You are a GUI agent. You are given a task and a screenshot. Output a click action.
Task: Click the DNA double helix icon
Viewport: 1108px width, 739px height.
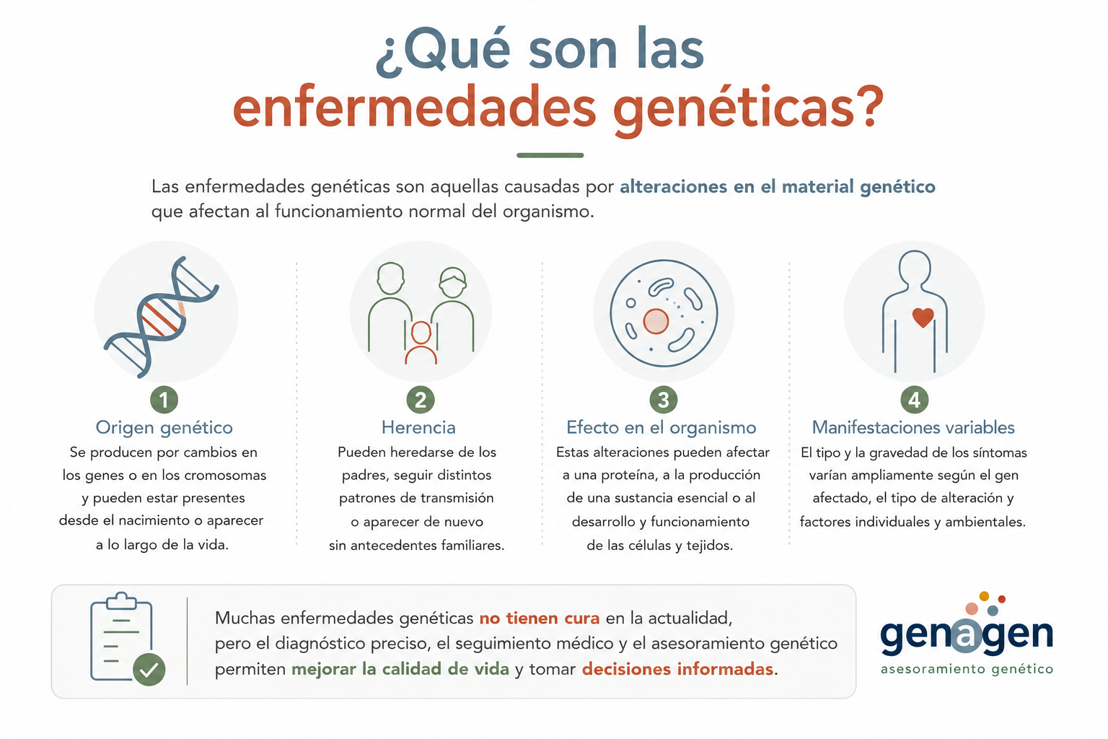[x=162, y=317]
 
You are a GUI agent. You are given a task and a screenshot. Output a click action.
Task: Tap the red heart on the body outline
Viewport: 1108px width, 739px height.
[x=923, y=318]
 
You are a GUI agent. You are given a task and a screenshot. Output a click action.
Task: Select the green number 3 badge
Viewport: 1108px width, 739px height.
[x=664, y=400]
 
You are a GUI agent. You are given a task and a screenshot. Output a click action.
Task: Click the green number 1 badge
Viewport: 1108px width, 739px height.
[x=164, y=400]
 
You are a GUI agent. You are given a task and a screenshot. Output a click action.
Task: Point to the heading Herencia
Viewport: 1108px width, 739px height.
[x=418, y=427]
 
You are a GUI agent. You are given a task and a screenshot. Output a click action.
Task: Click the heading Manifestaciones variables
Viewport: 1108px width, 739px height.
[x=913, y=427]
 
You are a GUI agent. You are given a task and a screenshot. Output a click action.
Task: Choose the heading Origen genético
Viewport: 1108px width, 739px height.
[x=164, y=428]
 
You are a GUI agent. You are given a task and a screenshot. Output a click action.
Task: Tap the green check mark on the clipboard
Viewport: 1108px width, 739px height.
[x=149, y=670]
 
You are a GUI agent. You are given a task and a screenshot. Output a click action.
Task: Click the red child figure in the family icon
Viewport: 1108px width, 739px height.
[x=421, y=343]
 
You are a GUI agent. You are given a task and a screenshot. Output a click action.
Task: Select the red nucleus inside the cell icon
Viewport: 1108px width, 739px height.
[x=656, y=321]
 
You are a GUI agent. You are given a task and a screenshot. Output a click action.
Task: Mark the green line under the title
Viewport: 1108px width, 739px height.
[x=550, y=155]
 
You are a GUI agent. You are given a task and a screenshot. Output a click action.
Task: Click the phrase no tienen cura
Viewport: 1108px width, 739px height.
[x=540, y=618]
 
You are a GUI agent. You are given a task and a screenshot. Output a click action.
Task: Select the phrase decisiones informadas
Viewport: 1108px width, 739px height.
[x=677, y=669]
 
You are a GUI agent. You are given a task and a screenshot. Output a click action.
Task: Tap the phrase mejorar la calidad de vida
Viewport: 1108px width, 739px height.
[x=400, y=669]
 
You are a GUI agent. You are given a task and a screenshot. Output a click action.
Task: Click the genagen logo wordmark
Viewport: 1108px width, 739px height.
[x=967, y=636]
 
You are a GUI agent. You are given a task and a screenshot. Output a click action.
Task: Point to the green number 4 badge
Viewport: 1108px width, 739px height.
[x=914, y=400]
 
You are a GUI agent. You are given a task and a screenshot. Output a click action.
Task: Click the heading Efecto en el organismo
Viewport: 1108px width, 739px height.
[x=661, y=428]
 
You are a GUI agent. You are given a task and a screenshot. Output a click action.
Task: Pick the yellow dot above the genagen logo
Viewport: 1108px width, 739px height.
[x=984, y=596]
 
